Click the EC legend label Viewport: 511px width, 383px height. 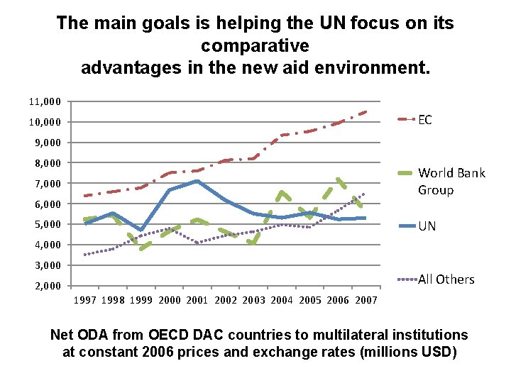click(424, 120)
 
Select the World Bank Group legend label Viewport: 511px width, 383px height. click(451, 182)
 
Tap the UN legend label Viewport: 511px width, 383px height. click(427, 226)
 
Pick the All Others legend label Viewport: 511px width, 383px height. click(446, 279)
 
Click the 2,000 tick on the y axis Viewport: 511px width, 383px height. click(47, 286)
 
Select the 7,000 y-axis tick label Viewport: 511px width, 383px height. click(47, 184)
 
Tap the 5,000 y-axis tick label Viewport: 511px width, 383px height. click(47, 224)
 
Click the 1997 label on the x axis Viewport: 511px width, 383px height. click(85, 301)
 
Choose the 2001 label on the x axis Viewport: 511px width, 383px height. click(197, 301)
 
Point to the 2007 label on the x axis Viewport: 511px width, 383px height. click(366, 301)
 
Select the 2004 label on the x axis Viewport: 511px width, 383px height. click(282, 301)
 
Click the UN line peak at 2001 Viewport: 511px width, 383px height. click(197, 181)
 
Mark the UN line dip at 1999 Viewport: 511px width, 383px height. click(142, 231)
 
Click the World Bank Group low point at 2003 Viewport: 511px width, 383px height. click(253, 243)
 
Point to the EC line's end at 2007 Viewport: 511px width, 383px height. click(367, 111)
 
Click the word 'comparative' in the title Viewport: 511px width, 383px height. click(255, 46)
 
